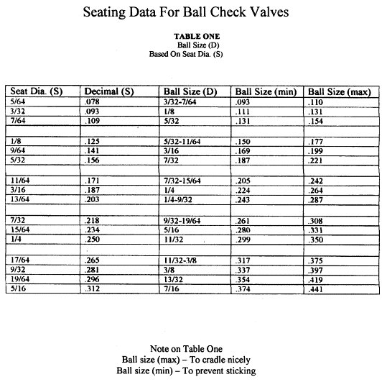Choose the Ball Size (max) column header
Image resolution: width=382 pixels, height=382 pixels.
pos(339,92)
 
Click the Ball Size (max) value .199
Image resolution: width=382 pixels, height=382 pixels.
pos(317,150)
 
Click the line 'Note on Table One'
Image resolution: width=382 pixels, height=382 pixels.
pos(191,346)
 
